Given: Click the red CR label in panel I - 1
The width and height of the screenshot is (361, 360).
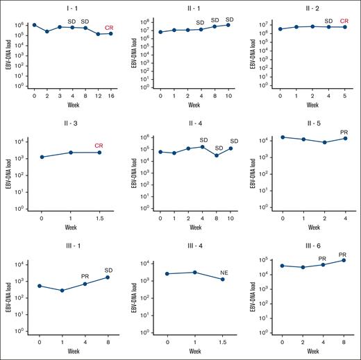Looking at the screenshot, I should tap(109, 28).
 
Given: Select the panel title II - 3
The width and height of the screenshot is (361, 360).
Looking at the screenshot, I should tap(71, 126).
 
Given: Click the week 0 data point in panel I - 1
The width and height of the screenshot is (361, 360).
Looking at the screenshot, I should tap(34, 25).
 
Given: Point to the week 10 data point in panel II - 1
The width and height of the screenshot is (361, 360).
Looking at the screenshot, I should tap(228, 25).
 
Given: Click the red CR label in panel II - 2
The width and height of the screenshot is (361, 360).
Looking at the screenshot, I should tap(344, 21).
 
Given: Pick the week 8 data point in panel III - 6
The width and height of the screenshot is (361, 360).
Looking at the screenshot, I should tap(342, 260).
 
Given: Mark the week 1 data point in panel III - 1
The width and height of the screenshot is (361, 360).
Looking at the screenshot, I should tap(62, 291).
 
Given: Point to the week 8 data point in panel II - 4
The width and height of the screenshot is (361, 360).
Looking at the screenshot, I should tap(217, 155).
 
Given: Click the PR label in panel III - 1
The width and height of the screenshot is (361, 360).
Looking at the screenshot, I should tap(85, 277).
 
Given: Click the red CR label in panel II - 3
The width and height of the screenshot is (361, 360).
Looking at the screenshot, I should tap(99, 146).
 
